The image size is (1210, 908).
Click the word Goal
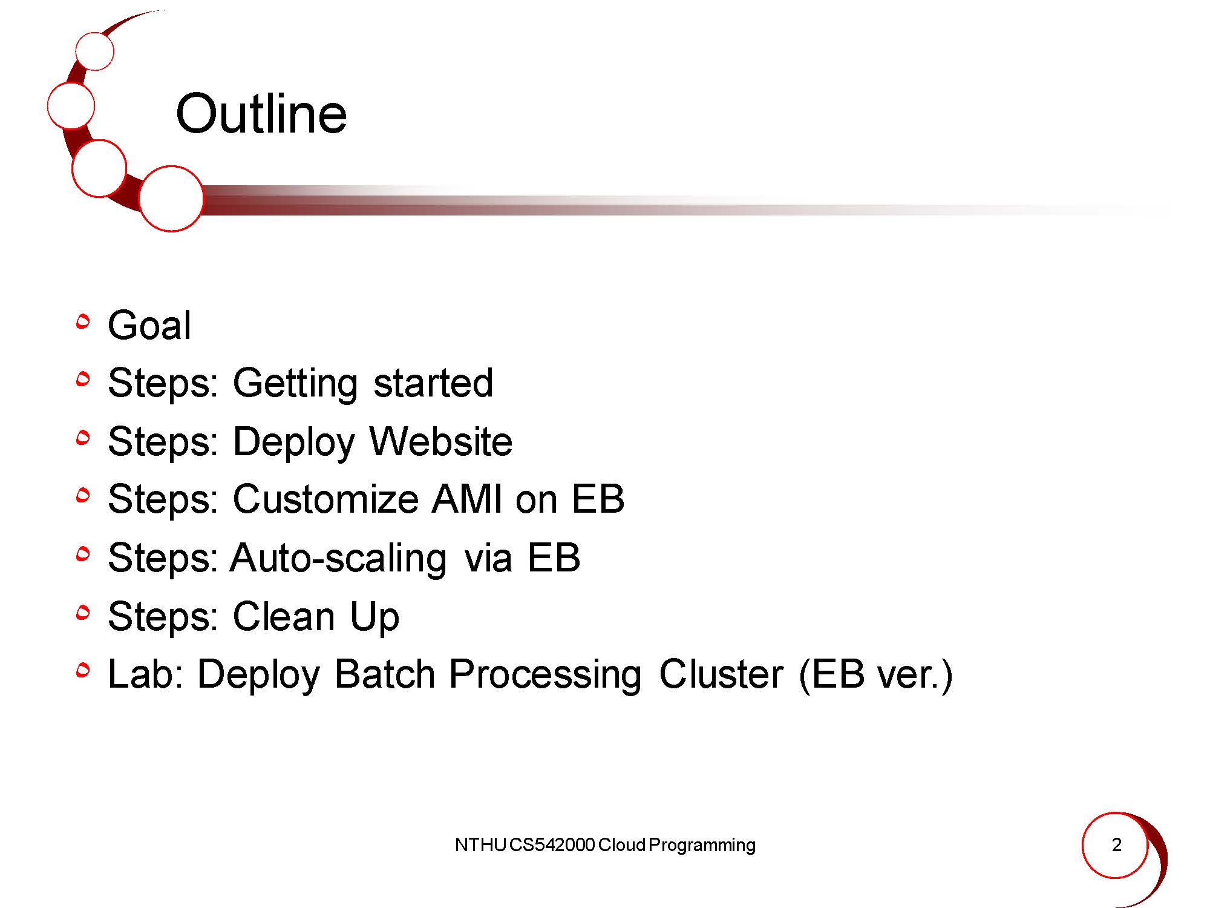click(x=149, y=325)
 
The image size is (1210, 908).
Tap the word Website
click(x=441, y=441)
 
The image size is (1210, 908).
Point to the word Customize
click(x=325, y=499)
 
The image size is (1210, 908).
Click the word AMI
click(x=467, y=499)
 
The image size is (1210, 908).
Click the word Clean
click(x=284, y=616)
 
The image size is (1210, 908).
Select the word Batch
click(x=385, y=674)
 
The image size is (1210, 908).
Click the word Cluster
click(x=721, y=674)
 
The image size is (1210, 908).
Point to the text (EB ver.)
click(x=876, y=675)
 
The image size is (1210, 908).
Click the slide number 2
click(x=1117, y=844)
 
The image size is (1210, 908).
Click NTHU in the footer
click(x=480, y=845)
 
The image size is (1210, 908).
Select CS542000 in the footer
click(x=552, y=845)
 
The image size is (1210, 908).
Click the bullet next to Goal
click(x=83, y=321)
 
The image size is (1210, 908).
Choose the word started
click(x=433, y=383)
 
